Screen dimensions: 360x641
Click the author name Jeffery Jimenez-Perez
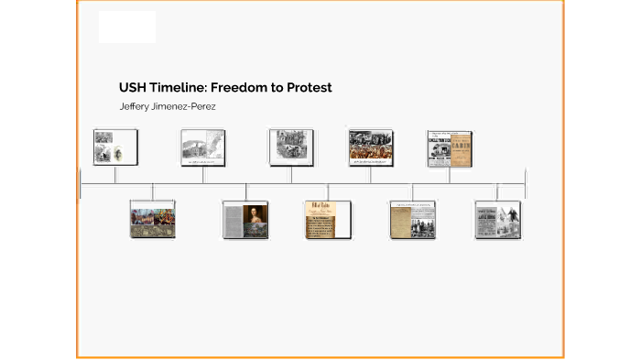pyautogui.click(x=168, y=106)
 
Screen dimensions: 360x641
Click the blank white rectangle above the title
pyautogui.click(x=127, y=27)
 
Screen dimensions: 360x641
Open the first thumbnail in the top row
pyautogui.click(x=115, y=147)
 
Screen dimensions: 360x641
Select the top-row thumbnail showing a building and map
pyautogui.click(x=203, y=147)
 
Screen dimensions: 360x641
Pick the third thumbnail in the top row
pyautogui.click(x=291, y=147)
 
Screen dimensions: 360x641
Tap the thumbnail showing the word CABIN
pyautogui.click(x=449, y=147)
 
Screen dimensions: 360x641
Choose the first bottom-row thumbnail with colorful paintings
pyautogui.click(x=153, y=220)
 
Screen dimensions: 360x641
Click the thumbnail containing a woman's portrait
pyautogui.click(x=245, y=220)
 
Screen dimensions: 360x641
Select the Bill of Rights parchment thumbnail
pyautogui.click(x=328, y=220)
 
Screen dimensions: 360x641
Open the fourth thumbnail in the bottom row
pyautogui.click(x=412, y=220)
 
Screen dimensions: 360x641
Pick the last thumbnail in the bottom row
pyautogui.click(x=497, y=220)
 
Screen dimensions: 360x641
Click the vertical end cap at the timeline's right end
pyautogui.click(x=525, y=183)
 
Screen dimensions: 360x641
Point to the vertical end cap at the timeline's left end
pyautogui.click(x=81, y=183)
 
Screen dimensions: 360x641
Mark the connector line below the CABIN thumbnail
pyautogui.click(x=449, y=175)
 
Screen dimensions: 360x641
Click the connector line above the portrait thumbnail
pyautogui.click(x=245, y=191)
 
